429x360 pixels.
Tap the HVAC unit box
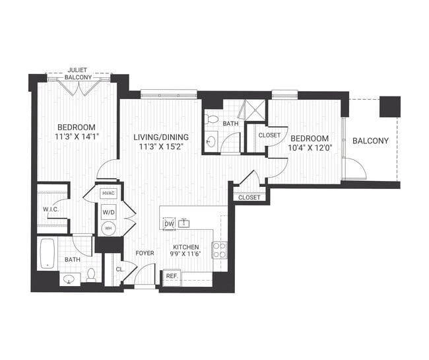108,193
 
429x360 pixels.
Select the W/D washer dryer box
108,213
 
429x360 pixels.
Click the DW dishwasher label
168,225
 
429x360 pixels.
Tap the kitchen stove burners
218,249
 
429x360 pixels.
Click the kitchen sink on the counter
185,224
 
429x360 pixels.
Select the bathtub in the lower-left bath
48,254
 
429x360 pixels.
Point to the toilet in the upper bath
211,119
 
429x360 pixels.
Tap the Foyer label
145,253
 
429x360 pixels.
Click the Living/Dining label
160,137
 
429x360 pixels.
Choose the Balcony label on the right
370,141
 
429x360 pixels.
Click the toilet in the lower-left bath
92,275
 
